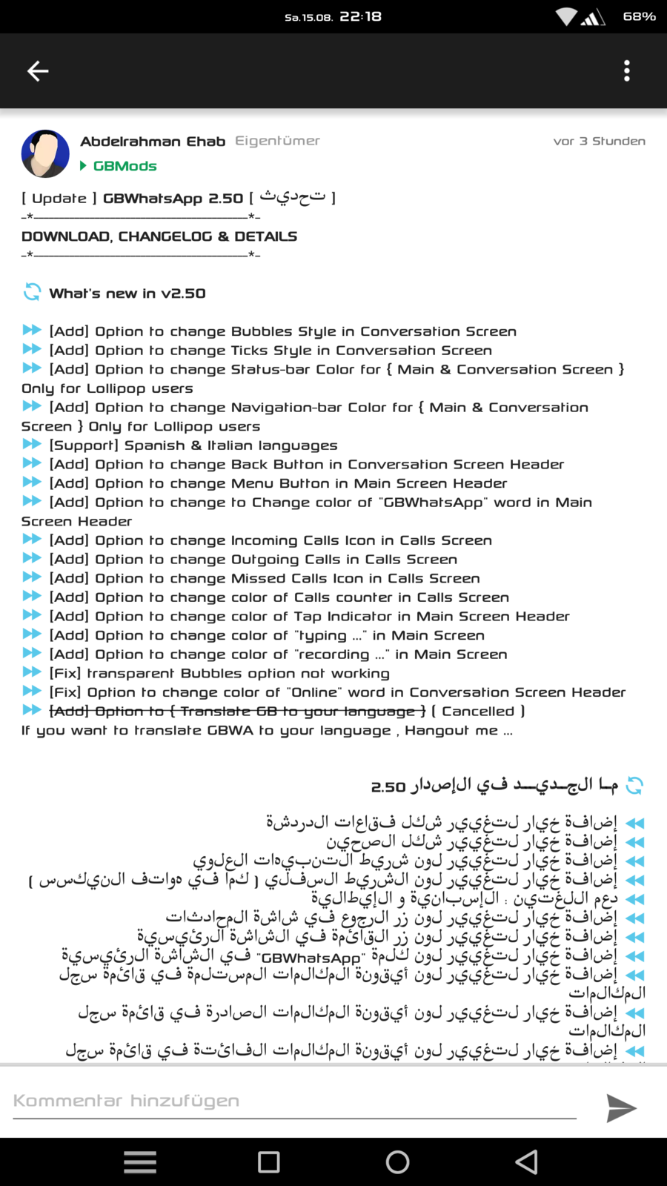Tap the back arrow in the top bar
pyautogui.click(x=38, y=71)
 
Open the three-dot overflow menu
pyautogui.click(x=627, y=71)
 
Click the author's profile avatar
pyautogui.click(x=45, y=154)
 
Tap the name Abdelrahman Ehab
pyautogui.click(x=153, y=142)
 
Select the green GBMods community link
pyautogui.click(x=125, y=166)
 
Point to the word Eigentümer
pyautogui.click(x=277, y=141)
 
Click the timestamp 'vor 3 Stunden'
pyautogui.click(x=599, y=142)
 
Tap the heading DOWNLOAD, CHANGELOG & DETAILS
pyautogui.click(x=159, y=236)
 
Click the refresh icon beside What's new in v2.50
pyautogui.click(x=32, y=293)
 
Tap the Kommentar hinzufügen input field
pyautogui.click(x=294, y=1101)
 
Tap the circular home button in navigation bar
pyautogui.click(x=397, y=1162)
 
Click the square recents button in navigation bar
pyautogui.click(x=269, y=1162)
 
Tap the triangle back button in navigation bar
pyautogui.click(x=527, y=1162)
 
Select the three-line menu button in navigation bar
pyautogui.click(x=140, y=1162)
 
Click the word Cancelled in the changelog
pyautogui.click(x=478, y=712)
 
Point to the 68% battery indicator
pyautogui.click(x=639, y=16)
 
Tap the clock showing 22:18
pyautogui.click(x=360, y=16)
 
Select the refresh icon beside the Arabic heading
pyautogui.click(x=634, y=786)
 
